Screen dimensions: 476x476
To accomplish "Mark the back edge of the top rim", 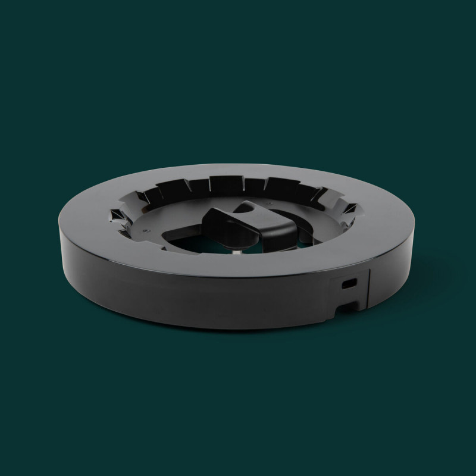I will [238, 162].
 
